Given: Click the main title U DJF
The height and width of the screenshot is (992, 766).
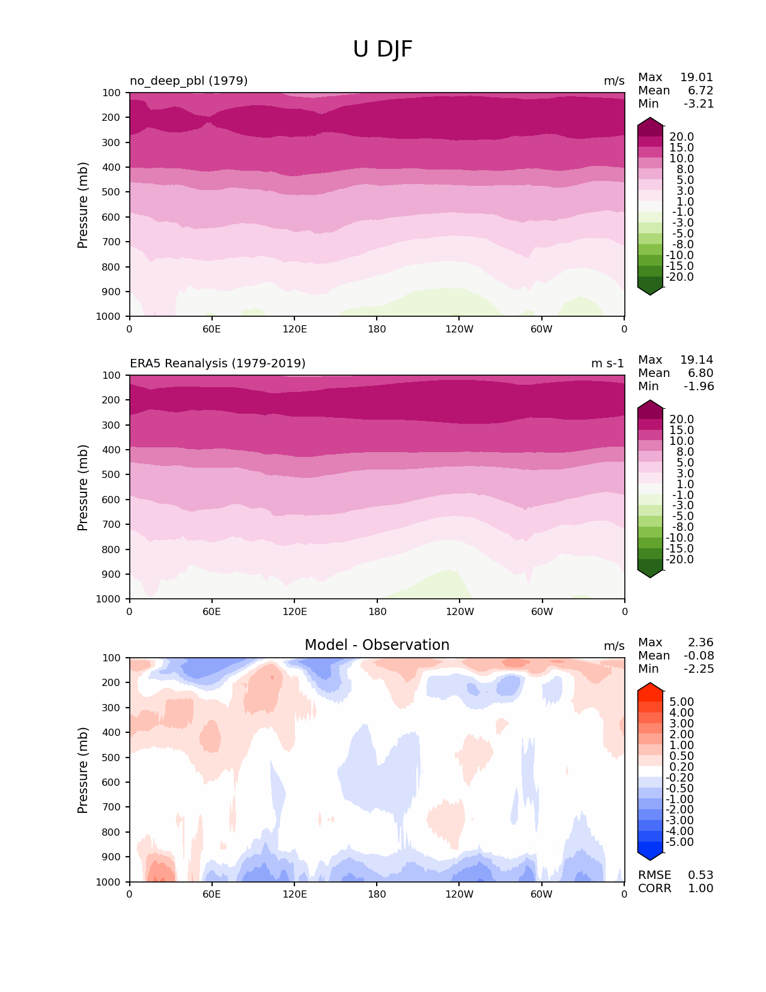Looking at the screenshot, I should click(x=383, y=49).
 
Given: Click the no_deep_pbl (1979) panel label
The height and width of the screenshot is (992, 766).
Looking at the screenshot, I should click(x=189, y=81).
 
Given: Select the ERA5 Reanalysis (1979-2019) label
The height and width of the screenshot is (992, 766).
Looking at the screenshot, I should click(x=217, y=363).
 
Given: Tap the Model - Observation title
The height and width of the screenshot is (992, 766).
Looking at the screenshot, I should click(x=377, y=645).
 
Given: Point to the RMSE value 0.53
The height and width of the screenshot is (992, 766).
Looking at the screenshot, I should click(x=701, y=875).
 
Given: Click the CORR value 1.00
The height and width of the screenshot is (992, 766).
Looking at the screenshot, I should click(x=701, y=888).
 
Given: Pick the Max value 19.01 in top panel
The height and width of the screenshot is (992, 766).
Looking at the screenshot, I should click(x=696, y=77).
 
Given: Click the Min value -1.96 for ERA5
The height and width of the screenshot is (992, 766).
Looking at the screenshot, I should click(x=699, y=386).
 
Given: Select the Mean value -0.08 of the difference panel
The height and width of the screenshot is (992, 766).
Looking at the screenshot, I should click(x=698, y=655).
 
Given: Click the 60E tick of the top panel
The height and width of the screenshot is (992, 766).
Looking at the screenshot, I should click(x=211, y=329).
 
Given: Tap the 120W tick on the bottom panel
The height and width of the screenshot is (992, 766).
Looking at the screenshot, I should click(x=460, y=894).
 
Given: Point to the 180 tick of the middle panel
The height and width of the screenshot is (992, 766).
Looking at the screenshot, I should click(x=377, y=611).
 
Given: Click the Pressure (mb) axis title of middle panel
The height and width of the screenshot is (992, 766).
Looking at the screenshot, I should click(x=83, y=488).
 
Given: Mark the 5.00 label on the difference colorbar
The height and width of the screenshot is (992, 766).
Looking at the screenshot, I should click(x=681, y=702).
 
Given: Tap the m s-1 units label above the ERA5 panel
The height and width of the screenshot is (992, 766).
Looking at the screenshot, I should click(x=607, y=363).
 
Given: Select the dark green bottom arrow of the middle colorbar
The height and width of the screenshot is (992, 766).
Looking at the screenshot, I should click(x=650, y=573).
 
